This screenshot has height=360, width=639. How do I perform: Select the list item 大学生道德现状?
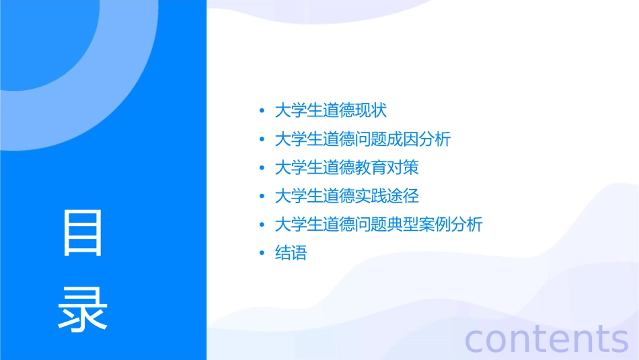click(331, 110)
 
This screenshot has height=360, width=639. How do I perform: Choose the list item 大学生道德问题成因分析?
click(363, 139)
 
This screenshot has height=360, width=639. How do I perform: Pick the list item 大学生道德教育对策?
click(347, 168)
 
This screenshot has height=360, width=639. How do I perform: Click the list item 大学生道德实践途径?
click(347, 196)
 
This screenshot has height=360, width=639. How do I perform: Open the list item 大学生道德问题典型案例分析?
click(379, 225)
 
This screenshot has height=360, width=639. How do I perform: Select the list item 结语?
click(291, 253)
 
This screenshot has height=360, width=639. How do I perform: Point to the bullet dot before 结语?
click(262, 254)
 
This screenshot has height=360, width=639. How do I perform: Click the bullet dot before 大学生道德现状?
click(262, 111)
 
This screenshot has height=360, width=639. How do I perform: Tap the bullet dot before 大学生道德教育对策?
click(262, 168)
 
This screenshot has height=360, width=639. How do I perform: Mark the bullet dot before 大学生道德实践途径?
click(262, 196)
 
